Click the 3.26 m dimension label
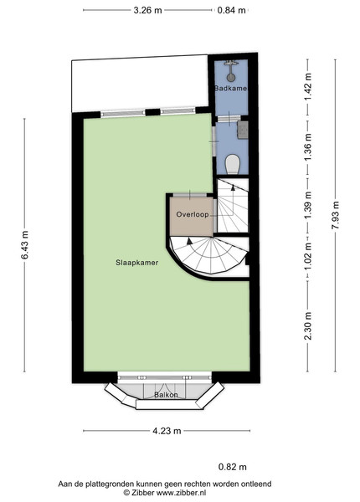tap(147, 10)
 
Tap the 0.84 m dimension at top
tap(231, 10)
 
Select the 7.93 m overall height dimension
tap(336, 215)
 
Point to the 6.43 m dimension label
tap(25, 245)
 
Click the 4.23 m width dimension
tap(167, 431)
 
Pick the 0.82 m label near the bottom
tap(233, 467)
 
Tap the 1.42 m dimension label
tap(308, 87)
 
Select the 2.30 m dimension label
tap(308, 326)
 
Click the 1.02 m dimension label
tap(308, 260)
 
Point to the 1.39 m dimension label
tap(308, 205)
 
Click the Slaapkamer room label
tap(137, 263)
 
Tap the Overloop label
tap(193, 214)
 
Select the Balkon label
tap(166, 395)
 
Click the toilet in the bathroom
tap(232, 164)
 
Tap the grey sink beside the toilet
tap(243, 130)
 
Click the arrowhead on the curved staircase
tap(189, 241)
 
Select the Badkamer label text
tap(230, 89)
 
